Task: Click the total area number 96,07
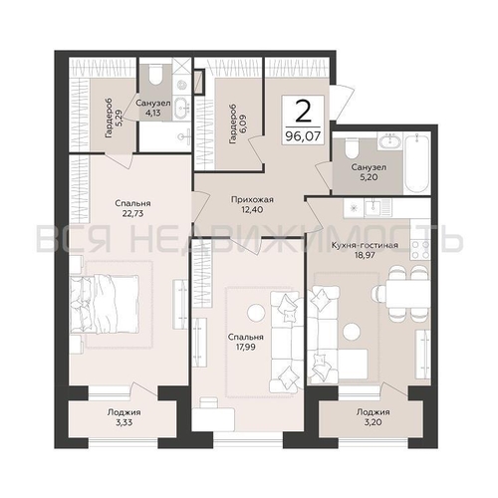(x=303, y=136)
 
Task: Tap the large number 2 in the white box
(x=303, y=112)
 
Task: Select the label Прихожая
(x=252, y=199)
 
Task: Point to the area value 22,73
(x=132, y=213)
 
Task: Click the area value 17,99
(x=246, y=347)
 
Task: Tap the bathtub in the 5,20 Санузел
(x=416, y=162)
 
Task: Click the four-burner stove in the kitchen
(x=420, y=249)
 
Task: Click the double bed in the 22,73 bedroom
(x=105, y=304)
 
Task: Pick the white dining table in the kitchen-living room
(x=407, y=293)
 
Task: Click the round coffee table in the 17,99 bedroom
(x=256, y=313)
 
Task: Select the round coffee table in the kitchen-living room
(x=352, y=332)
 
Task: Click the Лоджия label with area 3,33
(x=124, y=417)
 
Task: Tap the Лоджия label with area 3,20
(x=373, y=417)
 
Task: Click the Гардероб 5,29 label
(x=114, y=118)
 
